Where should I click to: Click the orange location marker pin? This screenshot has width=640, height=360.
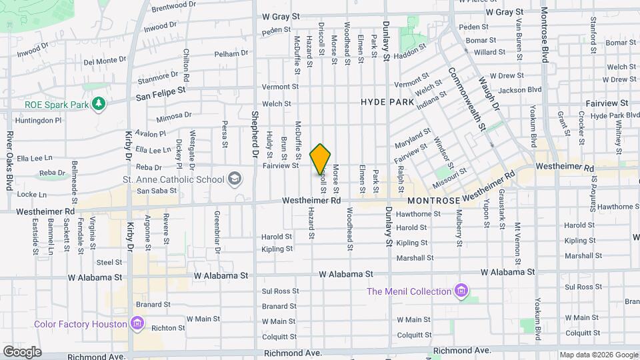tap(321, 159)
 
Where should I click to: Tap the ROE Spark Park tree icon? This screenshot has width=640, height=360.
tap(99, 103)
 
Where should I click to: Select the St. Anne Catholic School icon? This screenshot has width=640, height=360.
tap(235, 178)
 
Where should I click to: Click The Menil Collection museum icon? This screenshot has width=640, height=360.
tap(461, 291)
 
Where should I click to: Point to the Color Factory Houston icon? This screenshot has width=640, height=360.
tap(137, 324)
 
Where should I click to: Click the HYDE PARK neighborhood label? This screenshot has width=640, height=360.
tap(387, 102)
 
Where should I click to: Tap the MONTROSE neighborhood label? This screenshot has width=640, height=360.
tap(433, 200)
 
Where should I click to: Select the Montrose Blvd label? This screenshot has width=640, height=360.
tap(545, 35)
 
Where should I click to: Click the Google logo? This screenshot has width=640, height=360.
tap(23, 351)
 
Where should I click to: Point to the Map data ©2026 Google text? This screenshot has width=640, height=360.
tap(598, 355)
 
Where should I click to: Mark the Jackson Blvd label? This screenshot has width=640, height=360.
tap(520, 89)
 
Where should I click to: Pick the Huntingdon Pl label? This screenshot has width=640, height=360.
tap(39, 120)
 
